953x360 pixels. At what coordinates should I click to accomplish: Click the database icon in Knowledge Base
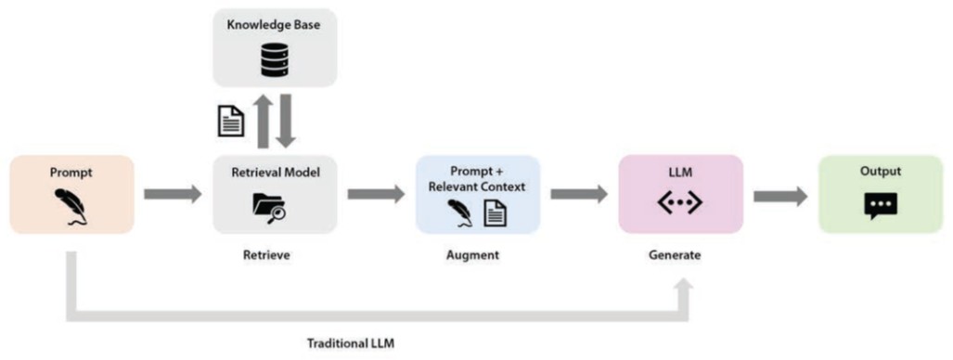coord(275,59)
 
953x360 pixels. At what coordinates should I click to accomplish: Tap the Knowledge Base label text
coord(275,26)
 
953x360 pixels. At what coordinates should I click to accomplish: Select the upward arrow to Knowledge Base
coord(262,121)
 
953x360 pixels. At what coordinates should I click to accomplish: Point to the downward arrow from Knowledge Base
coord(287,121)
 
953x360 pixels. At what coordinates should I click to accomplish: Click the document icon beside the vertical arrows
coord(232,122)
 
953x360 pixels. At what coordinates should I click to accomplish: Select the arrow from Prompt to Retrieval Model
coord(173,195)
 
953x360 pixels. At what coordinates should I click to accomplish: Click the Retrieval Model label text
coord(276,173)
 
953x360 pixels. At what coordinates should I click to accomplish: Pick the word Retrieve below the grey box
coord(266,255)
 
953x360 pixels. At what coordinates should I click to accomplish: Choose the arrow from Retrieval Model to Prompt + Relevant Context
coord(376,195)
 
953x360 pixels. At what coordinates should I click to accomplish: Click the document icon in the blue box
coord(496,213)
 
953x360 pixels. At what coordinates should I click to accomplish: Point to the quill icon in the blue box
coord(462,213)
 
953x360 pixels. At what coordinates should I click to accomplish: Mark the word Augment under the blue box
coord(473,255)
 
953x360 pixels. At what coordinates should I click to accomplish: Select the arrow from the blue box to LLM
coord(579,195)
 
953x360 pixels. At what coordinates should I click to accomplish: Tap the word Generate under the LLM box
coord(674,255)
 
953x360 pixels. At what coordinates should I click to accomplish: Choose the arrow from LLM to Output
coord(781,197)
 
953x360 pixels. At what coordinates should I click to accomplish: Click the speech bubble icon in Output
coord(881,206)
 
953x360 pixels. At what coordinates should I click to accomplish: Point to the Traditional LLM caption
coord(351,343)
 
